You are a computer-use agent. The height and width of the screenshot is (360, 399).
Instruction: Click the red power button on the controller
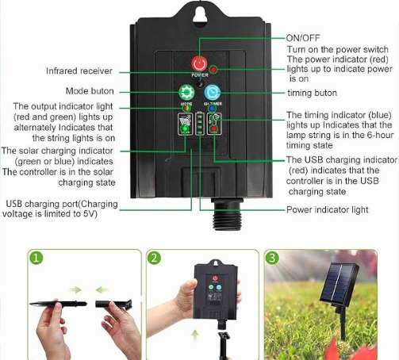[x=199, y=63]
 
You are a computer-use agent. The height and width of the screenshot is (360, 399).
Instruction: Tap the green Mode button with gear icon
[x=186, y=92]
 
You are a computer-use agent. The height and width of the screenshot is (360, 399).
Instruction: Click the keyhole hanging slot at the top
[x=200, y=15]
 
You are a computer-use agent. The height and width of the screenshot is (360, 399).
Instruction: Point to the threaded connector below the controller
[x=227, y=213]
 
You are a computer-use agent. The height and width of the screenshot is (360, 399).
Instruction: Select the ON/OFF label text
[x=303, y=38]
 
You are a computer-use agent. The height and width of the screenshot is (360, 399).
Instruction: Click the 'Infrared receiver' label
[x=79, y=71]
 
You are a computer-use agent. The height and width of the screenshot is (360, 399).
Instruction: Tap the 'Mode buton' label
[x=90, y=91]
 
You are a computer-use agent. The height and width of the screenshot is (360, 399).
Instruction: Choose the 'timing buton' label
[x=313, y=93]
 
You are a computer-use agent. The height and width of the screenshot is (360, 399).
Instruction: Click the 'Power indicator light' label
[x=328, y=210]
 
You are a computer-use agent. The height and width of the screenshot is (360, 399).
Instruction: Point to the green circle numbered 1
[x=36, y=258]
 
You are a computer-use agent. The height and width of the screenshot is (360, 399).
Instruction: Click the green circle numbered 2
[x=154, y=258]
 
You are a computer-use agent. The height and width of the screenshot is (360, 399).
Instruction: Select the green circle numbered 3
[x=272, y=258]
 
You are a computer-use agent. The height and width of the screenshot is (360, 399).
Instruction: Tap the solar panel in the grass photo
[x=340, y=285]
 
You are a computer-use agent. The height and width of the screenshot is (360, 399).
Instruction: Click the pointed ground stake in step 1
[x=58, y=304]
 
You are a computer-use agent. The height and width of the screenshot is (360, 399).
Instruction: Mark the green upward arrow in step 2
[x=195, y=335]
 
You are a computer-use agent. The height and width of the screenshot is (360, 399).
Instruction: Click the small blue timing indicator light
[x=212, y=109]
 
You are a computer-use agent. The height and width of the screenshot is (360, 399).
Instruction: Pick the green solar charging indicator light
[x=185, y=128]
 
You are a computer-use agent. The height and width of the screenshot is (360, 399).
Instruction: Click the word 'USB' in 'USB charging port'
[x=14, y=204]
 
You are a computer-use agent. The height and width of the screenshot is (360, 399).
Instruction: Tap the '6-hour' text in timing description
[x=380, y=135]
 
